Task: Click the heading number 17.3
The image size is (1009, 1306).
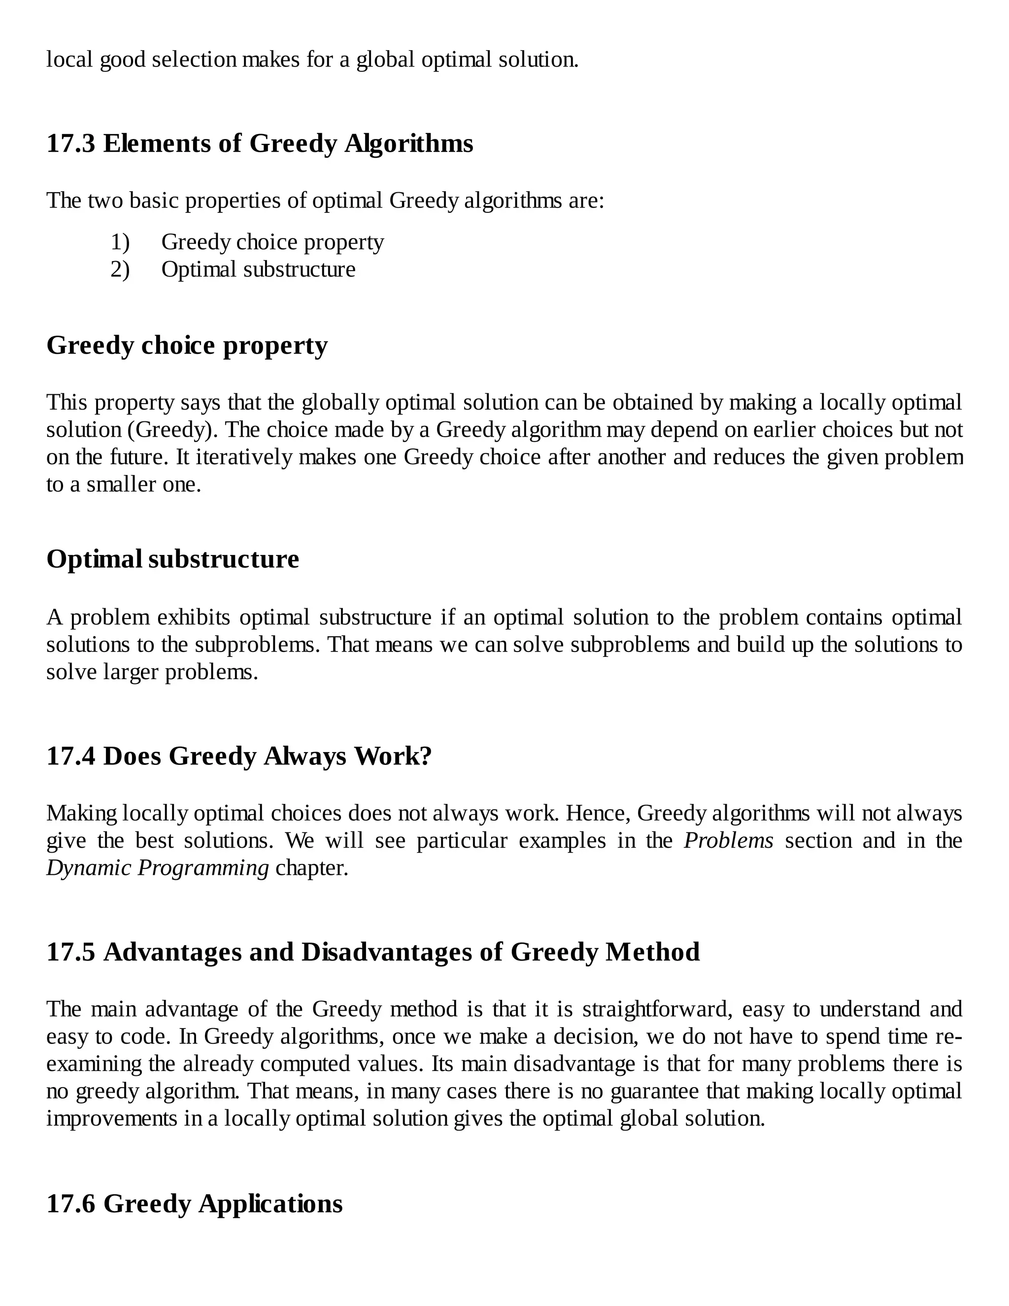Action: tap(70, 144)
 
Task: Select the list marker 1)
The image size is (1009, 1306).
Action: tap(120, 242)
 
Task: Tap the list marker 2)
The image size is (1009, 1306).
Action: tap(120, 270)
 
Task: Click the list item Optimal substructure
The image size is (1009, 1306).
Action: tap(258, 270)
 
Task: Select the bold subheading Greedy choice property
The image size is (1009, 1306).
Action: tap(187, 345)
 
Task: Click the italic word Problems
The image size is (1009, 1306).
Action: tap(728, 841)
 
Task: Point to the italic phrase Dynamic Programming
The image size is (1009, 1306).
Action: tap(158, 868)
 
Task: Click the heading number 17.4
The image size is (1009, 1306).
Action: tap(70, 756)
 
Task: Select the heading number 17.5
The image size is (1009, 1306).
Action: tap(70, 952)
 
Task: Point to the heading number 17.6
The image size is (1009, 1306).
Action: tap(70, 1204)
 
